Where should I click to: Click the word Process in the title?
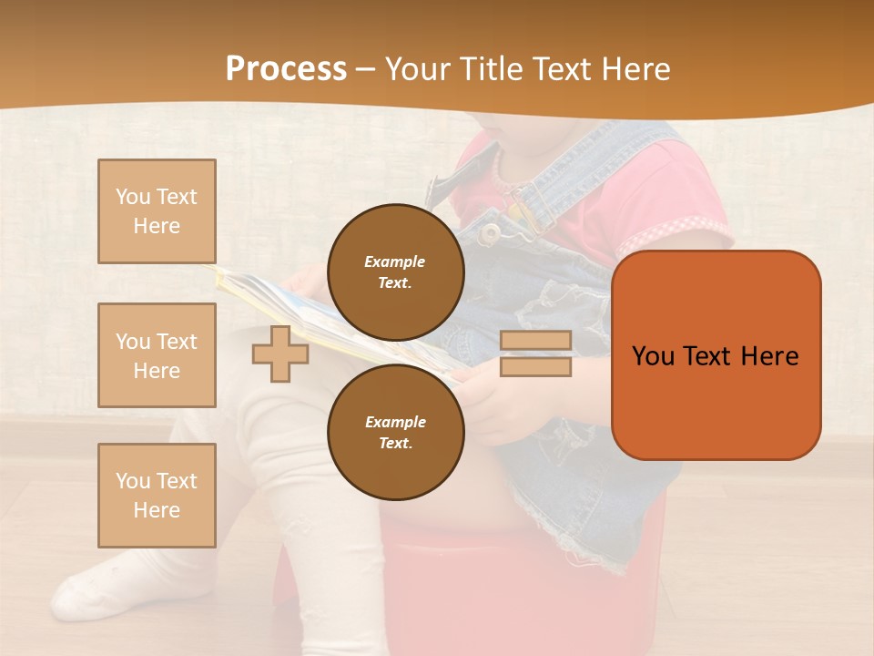(x=286, y=69)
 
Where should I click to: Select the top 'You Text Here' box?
(x=157, y=211)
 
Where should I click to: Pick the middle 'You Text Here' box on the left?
(x=157, y=355)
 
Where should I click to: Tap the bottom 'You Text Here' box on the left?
(x=157, y=496)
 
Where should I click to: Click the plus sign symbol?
(x=279, y=354)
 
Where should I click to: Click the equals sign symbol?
(x=535, y=354)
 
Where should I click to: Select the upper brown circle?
(x=395, y=272)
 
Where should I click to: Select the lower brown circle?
(x=395, y=432)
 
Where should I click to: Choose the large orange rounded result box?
(x=716, y=355)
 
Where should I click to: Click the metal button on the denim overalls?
(x=491, y=233)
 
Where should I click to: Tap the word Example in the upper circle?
(x=395, y=261)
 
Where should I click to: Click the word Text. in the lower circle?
(x=395, y=443)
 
